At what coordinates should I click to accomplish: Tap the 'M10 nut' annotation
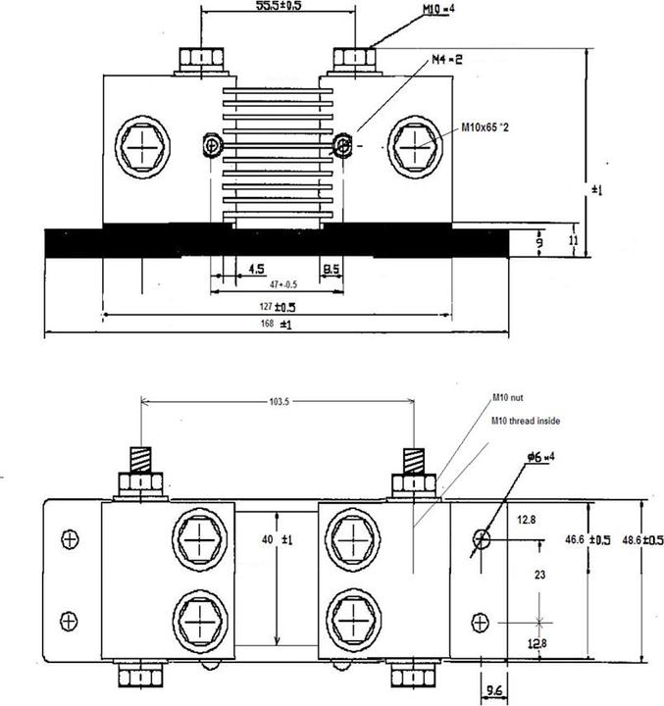click(x=510, y=400)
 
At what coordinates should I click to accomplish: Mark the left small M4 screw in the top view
click(x=210, y=145)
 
